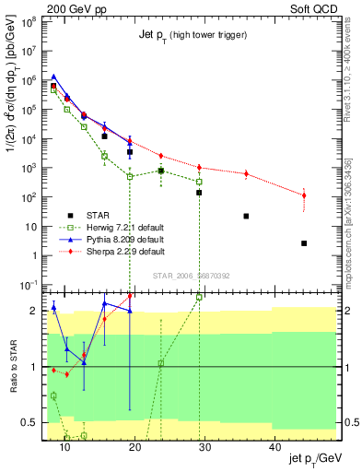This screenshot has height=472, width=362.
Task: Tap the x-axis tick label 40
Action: pyautogui.click(x=274, y=447)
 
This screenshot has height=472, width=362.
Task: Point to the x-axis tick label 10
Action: pyautogui.click(x=64, y=447)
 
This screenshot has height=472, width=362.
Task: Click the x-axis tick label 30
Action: pyautogui.click(x=204, y=447)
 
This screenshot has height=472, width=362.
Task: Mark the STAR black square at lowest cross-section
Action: pyautogui.click(x=304, y=243)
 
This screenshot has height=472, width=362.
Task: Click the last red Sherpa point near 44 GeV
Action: pyautogui.click(x=304, y=195)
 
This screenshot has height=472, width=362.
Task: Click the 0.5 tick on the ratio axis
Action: pyautogui.click(x=34, y=423)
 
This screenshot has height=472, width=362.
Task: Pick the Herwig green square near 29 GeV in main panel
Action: pyautogui.click(x=199, y=182)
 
